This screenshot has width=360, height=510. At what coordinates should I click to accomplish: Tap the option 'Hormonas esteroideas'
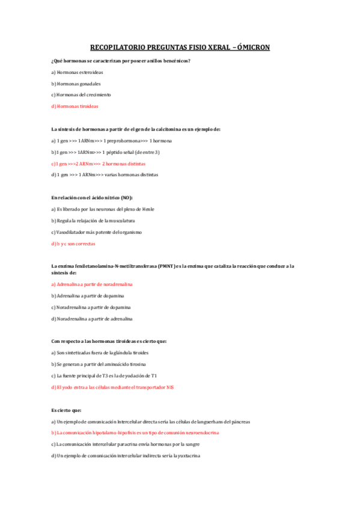tap(77, 72)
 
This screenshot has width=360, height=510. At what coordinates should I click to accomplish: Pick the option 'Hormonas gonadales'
tap(76, 84)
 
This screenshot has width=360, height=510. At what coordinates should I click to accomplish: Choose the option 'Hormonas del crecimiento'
tap(81, 94)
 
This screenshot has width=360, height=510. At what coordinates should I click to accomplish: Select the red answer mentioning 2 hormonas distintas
tap(99, 163)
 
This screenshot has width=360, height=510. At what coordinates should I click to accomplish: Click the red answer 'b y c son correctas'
tap(73, 244)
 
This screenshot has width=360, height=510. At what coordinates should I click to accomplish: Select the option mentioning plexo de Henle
tap(102, 209)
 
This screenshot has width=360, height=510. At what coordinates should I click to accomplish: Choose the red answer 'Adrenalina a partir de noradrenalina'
tap(92, 284)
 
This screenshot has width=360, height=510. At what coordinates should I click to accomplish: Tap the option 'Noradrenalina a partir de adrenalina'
tap(92, 318)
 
